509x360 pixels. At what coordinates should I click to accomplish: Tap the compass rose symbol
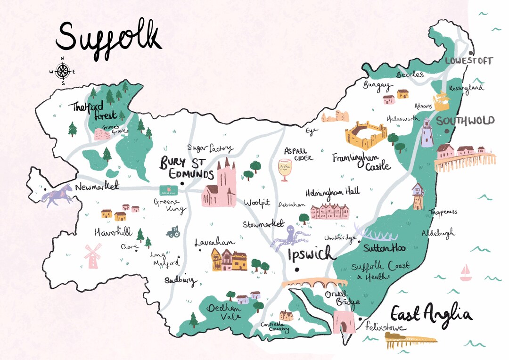62,72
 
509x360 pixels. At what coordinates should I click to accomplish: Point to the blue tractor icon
172,231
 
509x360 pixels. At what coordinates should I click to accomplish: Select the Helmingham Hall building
330,211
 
